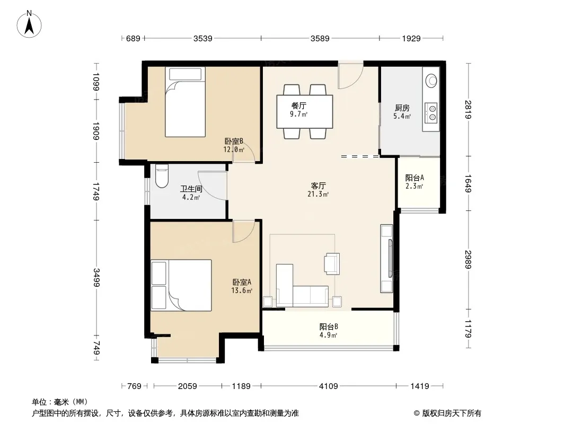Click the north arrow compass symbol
pyautogui.click(x=29, y=24)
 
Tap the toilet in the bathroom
pyautogui.click(x=162, y=176)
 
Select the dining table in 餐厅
pyautogui.click(x=304, y=111)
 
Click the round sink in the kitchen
pyautogui.click(x=431, y=81)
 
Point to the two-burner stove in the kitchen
pyautogui.click(x=431, y=112)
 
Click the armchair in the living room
pyautogui.click(x=332, y=264)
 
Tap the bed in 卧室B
pyautogui.click(x=185, y=102)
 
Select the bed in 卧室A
pyautogui.click(x=181, y=285)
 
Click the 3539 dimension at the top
pyautogui.click(x=202, y=38)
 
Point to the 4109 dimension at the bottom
pyautogui.click(x=328, y=386)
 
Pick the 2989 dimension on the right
pyautogui.click(x=468, y=259)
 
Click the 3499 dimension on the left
pyautogui.click(x=96, y=277)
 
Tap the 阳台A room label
pyautogui.click(x=414, y=178)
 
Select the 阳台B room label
pyautogui.click(x=329, y=326)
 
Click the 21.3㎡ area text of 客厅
pyautogui.click(x=318, y=195)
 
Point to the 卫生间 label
pyautogui.click(x=191, y=189)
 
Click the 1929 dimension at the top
pyautogui.click(x=411, y=38)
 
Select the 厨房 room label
pyautogui.click(x=402, y=108)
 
